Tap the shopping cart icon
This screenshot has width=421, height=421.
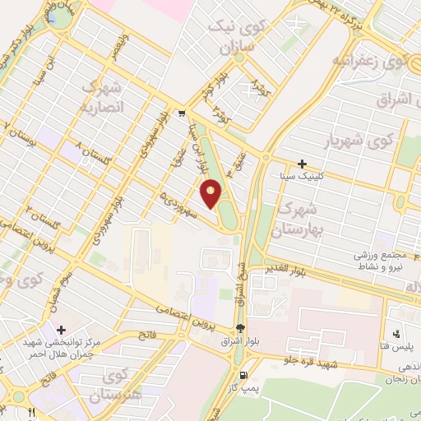(181, 113)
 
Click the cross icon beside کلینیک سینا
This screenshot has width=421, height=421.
(303, 164)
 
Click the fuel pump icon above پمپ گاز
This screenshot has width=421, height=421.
(240, 329)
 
